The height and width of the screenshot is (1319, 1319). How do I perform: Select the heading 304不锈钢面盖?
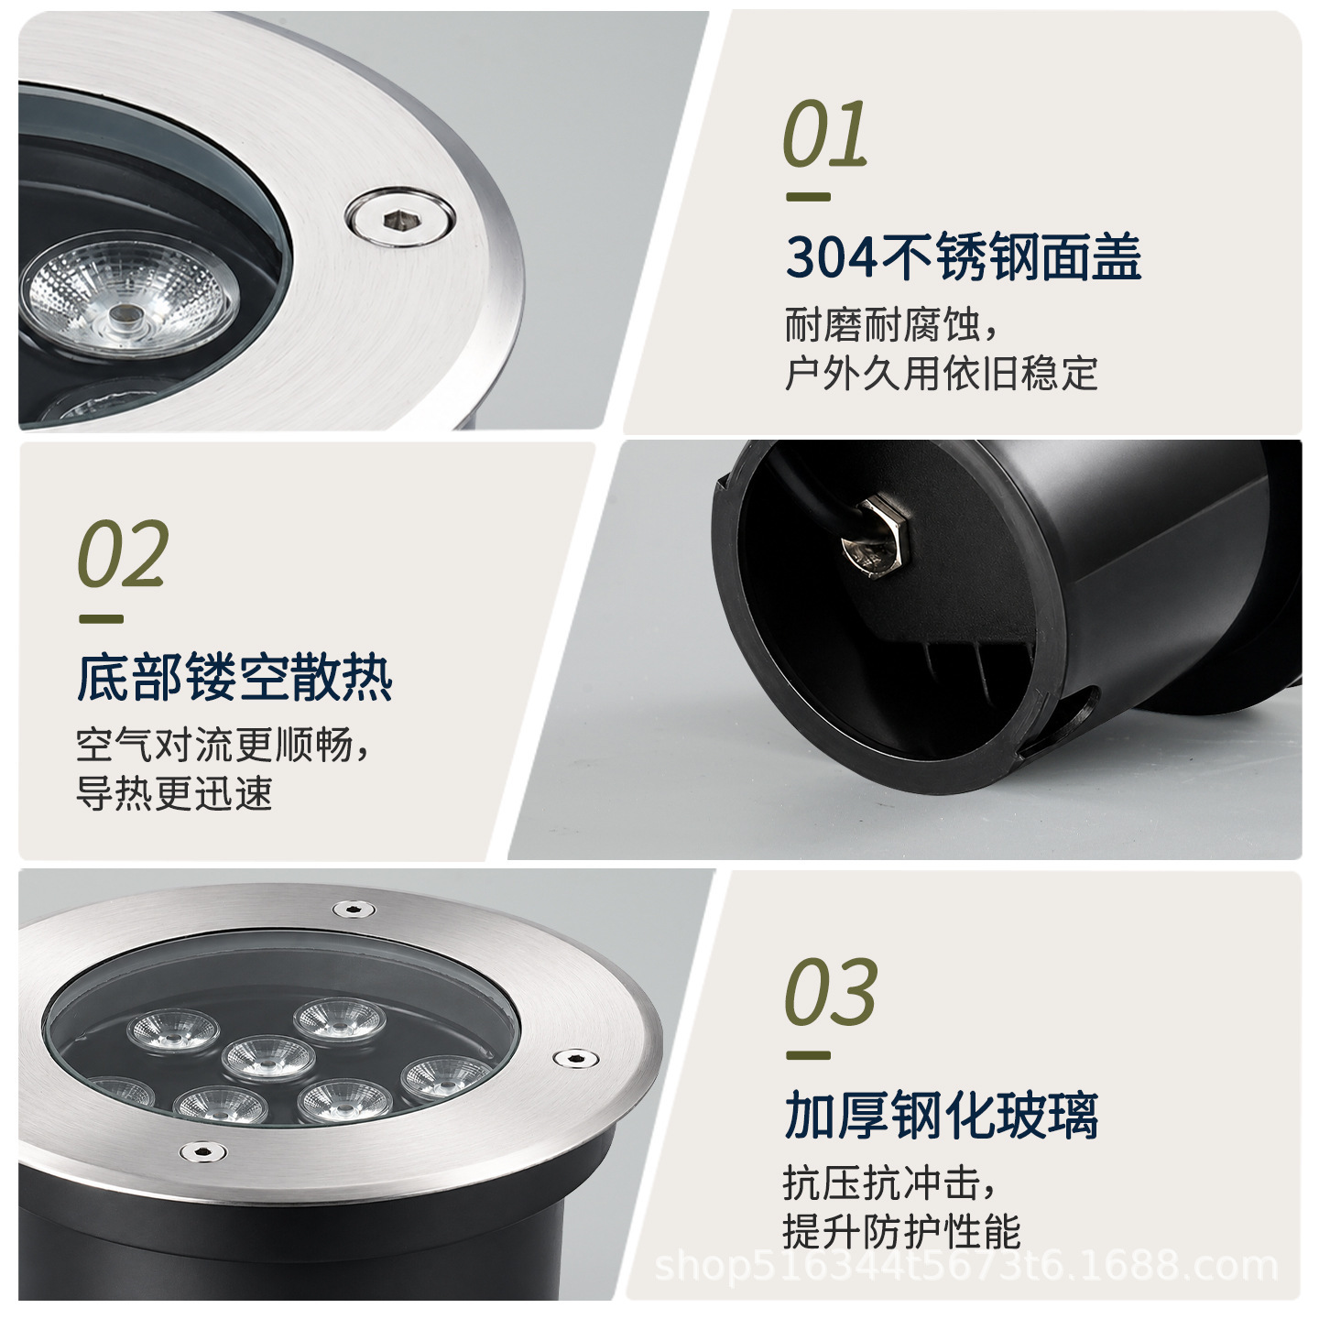tap(963, 256)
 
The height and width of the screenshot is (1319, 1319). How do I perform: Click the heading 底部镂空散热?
tap(234, 678)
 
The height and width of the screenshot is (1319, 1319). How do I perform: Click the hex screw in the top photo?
tap(400, 218)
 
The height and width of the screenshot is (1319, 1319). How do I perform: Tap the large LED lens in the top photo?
tap(130, 294)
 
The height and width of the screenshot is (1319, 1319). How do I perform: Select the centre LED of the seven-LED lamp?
tap(268, 1059)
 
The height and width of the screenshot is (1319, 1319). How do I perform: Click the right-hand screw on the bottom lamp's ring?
tap(575, 1058)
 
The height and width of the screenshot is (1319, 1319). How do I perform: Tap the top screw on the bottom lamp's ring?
tap(354, 909)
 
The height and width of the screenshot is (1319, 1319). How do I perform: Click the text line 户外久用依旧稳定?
tap(942, 374)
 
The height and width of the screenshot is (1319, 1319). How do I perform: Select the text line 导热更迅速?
tap(175, 794)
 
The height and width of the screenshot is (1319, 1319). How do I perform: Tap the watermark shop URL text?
tap(965, 1266)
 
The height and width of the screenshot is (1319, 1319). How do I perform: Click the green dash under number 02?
tap(102, 619)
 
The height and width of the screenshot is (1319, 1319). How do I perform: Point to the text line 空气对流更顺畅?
tap(223, 745)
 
